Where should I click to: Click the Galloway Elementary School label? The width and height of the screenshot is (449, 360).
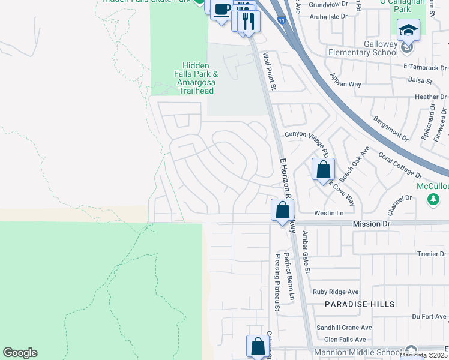[x=363, y=48]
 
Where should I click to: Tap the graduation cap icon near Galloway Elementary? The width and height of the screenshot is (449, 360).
[x=408, y=29]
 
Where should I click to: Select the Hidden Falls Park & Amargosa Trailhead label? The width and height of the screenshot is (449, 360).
[x=196, y=78]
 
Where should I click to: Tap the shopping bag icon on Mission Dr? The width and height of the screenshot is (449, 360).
[x=282, y=211]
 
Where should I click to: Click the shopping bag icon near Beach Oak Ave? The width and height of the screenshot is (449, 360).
[x=323, y=170]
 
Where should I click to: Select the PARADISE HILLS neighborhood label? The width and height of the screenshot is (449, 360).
[x=360, y=304]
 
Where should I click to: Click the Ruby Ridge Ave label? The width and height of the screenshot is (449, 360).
[x=335, y=292]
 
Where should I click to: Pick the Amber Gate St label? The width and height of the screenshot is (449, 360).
[x=306, y=252]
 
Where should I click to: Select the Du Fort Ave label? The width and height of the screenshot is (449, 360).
[x=429, y=316]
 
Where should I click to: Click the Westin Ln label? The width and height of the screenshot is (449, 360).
[x=328, y=213]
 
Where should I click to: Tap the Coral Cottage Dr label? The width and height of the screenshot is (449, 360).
[x=400, y=164]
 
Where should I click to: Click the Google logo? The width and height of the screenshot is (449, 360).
[x=20, y=353]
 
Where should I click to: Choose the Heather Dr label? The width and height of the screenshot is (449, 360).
[x=427, y=97]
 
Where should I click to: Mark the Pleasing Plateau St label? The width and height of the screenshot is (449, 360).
[x=277, y=283]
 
